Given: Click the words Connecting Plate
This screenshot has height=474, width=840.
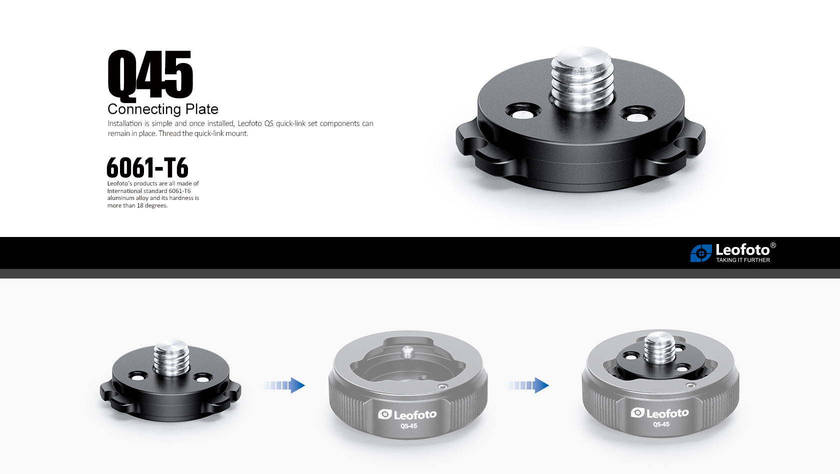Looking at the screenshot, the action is coord(163,109).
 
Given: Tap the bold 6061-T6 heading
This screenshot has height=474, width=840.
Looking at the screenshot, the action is coord(147,167).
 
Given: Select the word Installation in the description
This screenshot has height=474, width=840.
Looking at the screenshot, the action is coord(124,123).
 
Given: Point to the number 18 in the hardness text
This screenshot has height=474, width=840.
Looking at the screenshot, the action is coord(140,205).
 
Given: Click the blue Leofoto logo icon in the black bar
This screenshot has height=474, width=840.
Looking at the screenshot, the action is coord(701,253).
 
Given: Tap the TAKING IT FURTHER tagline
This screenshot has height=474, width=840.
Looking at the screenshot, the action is coord(743,260).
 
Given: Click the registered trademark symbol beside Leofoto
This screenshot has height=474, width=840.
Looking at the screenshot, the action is coord(773,245).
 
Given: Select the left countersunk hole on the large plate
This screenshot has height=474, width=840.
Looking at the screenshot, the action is coord(522,111).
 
